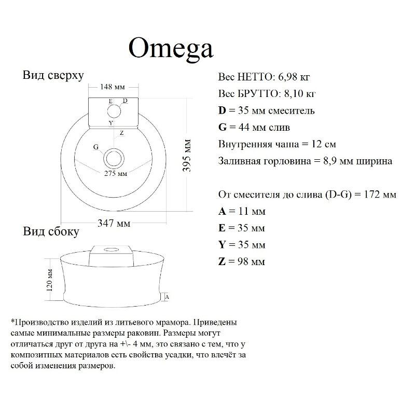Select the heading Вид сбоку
click(51, 231)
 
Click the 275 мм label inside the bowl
click(115, 174)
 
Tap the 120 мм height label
click(50, 280)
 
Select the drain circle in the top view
click(114, 158)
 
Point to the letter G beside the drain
click(96, 147)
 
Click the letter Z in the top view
click(121, 133)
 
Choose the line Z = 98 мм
click(242, 261)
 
